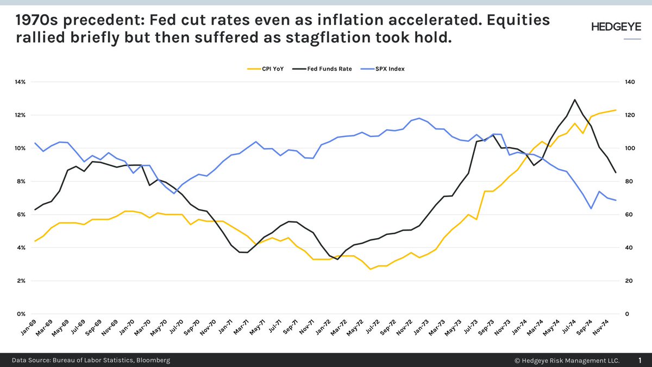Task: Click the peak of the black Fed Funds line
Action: (x=575, y=99)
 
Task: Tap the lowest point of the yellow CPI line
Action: (x=370, y=269)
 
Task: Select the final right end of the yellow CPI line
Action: (x=616, y=110)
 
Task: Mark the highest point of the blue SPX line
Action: (x=419, y=118)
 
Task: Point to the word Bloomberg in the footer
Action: (x=150, y=360)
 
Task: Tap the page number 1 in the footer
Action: (x=639, y=360)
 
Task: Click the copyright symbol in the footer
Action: (x=517, y=360)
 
